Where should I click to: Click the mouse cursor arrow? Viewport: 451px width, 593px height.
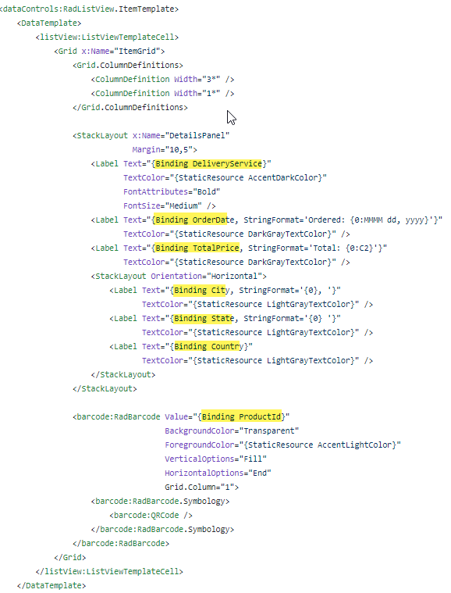click(x=231, y=118)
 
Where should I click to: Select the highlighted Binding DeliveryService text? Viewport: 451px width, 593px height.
click(x=208, y=164)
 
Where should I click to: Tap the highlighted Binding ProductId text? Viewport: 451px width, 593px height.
click(x=241, y=416)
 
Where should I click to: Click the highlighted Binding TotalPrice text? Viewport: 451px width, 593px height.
click(x=197, y=248)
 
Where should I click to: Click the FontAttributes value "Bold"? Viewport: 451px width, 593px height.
click(x=207, y=191)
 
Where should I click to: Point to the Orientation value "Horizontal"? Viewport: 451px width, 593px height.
click(x=235, y=276)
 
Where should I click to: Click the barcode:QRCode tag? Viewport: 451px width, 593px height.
click(x=147, y=515)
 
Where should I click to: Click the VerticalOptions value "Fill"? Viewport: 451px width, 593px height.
click(x=253, y=459)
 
